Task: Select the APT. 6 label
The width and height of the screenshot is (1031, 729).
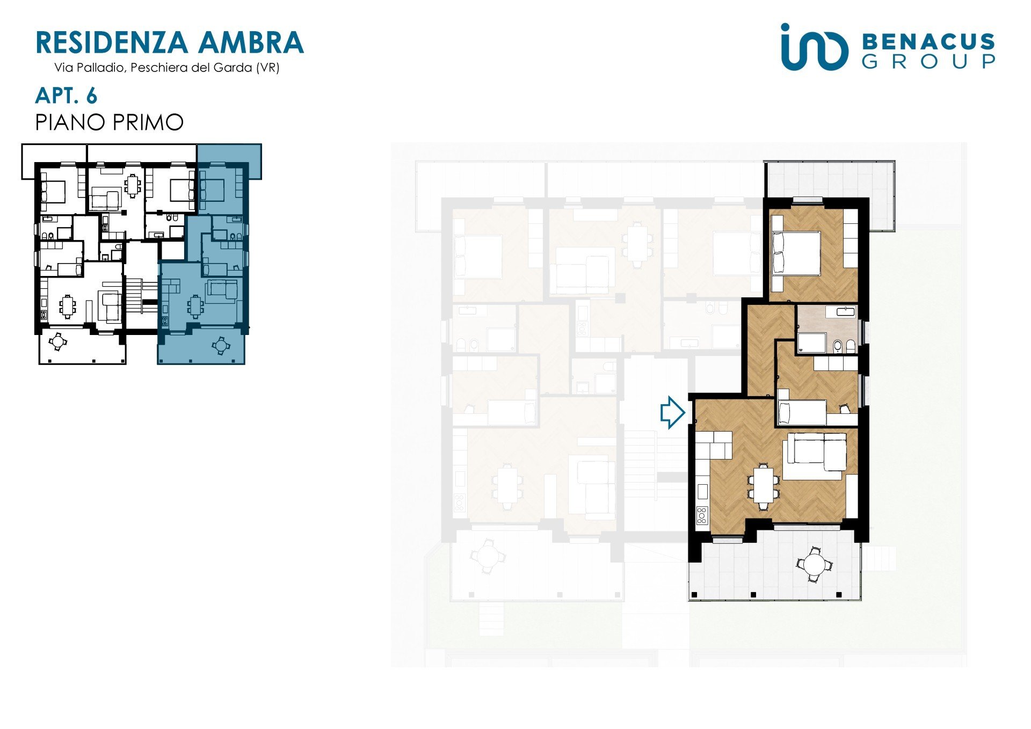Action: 66,96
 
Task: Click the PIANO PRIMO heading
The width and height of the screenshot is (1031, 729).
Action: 110,122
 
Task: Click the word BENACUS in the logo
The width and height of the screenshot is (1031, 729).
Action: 928,42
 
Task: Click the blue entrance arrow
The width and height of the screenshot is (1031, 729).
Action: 672,412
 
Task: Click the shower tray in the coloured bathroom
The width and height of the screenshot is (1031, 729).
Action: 811,342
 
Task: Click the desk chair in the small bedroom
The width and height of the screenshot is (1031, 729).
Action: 845,410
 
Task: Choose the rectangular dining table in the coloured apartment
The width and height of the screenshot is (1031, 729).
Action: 764,485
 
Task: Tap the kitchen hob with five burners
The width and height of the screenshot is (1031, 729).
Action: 702,515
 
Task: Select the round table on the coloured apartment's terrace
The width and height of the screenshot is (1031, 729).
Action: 815,564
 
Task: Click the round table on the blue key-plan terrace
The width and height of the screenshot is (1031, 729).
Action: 221,345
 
